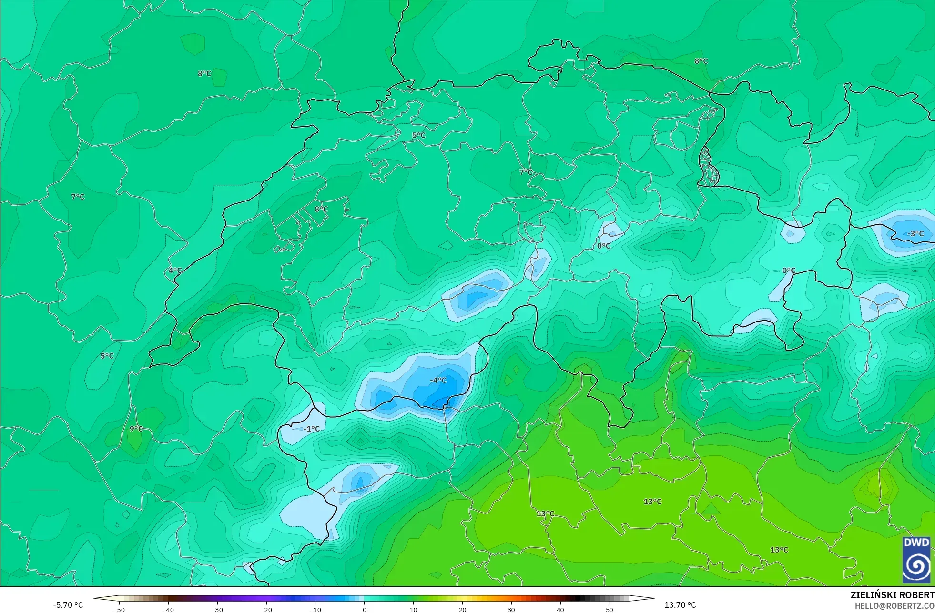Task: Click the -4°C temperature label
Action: pos(438,380)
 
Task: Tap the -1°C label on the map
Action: pos(312,429)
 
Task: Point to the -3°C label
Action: pos(915,234)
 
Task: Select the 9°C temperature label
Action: pos(136,429)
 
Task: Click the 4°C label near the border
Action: pos(175,271)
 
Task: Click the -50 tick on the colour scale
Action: pos(119,609)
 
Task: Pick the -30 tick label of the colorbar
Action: pos(217,609)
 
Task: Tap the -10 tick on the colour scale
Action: pos(315,609)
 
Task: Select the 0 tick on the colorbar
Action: pos(365,609)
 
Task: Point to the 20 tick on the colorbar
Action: pos(462,609)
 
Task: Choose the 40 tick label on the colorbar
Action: pos(560,609)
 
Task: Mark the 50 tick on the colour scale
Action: pos(610,609)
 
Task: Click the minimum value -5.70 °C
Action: pos(68,605)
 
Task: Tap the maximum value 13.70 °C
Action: pos(680,605)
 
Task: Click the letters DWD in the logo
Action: pos(916,543)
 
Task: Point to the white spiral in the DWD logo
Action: pos(916,565)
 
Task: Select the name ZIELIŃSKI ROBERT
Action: pos(892,595)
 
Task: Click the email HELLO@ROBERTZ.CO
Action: pos(894,606)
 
